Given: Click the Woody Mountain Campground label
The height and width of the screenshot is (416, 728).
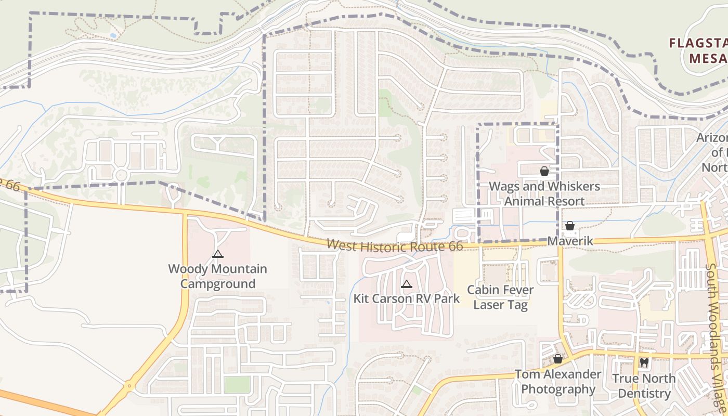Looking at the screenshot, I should pyautogui.click(x=217, y=277).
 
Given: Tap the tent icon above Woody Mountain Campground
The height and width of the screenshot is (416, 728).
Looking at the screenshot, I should pyautogui.click(x=218, y=254).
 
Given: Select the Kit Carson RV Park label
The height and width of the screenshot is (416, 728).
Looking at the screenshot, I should pyautogui.click(x=407, y=298).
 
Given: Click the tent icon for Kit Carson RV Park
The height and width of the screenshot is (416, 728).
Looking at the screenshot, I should pyautogui.click(x=407, y=284).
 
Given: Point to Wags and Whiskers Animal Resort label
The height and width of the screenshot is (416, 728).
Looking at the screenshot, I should pyautogui.click(x=544, y=193).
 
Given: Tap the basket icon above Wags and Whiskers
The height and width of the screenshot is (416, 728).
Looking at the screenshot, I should pyautogui.click(x=544, y=171).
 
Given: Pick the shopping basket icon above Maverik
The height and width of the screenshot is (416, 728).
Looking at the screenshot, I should pyautogui.click(x=570, y=226).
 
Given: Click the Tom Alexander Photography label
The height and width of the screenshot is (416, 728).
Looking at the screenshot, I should pyautogui.click(x=558, y=382).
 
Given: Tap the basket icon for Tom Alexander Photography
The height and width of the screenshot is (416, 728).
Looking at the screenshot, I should pyautogui.click(x=558, y=359).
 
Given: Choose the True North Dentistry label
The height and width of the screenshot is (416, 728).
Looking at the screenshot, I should pyautogui.click(x=644, y=386).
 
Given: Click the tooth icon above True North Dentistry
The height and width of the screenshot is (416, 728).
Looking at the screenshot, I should pyautogui.click(x=644, y=363).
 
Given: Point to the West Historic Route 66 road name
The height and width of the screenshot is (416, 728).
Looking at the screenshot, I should pyautogui.click(x=395, y=245).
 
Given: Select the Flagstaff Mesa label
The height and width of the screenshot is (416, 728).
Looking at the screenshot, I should pyautogui.click(x=699, y=50).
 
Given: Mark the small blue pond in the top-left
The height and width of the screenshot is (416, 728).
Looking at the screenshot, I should pyautogui.click(x=113, y=35).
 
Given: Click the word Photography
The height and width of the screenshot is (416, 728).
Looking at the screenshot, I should pyautogui.click(x=558, y=389).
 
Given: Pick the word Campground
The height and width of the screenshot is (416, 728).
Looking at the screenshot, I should pyautogui.click(x=218, y=284).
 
